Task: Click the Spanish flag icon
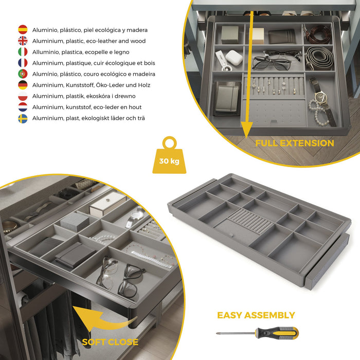coord(23,30)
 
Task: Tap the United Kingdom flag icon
coord(23,41)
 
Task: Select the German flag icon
coord(23,85)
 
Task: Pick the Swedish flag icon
coord(23,118)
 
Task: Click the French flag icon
coord(23,63)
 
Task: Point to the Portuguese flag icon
coord(23,74)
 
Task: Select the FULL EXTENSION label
coord(295,143)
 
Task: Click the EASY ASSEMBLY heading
coord(256,315)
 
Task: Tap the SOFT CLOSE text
coord(110,342)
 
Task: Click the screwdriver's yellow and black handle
coord(280,333)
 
